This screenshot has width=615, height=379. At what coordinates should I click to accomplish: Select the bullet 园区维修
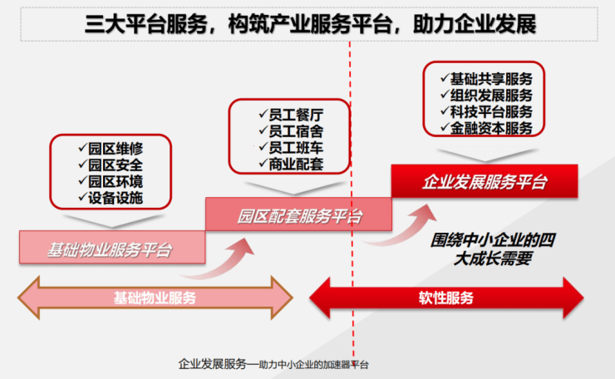pyautogui.click(x=116, y=149)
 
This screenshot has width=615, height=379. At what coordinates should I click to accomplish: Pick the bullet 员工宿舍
pyautogui.click(x=290, y=130)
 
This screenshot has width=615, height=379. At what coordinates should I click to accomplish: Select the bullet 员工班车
pyautogui.click(x=290, y=147)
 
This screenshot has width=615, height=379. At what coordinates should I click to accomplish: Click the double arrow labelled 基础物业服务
pyautogui.click(x=156, y=297)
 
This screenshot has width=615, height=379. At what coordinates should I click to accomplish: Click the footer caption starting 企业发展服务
pyautogui.click(x=273, y=363)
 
